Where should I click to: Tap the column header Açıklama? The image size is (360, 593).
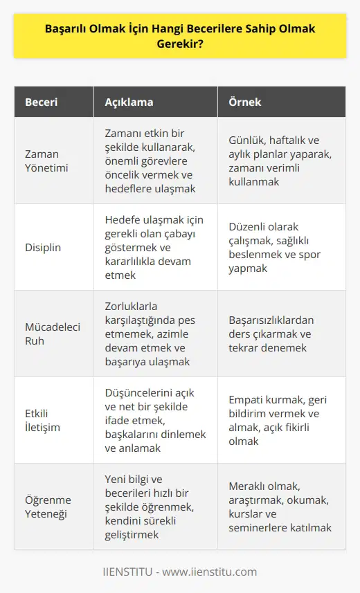[x=129, y=102]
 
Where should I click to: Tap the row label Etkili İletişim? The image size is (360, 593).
[x=43, y=420]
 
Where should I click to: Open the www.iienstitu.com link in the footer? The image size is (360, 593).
[x=210, y=572]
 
